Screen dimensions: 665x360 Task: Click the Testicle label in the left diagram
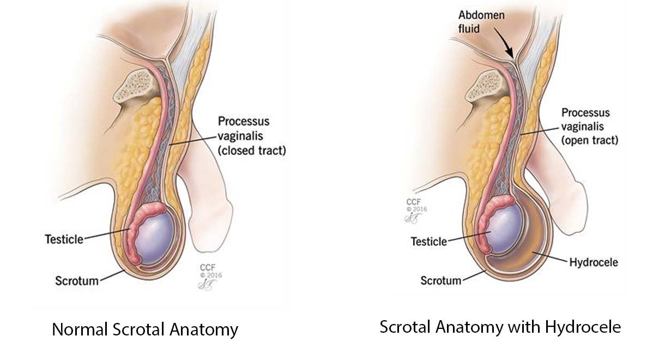pos(64,239)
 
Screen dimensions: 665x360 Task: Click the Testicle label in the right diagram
pos(428,242)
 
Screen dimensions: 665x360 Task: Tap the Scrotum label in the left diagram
pos(77,281)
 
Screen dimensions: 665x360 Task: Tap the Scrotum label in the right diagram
pos(441,280)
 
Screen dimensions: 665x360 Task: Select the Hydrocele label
pos(594,262)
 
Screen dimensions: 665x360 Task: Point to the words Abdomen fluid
pos(481,22)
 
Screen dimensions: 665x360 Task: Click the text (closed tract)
pos(252,151)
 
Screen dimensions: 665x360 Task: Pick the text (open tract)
pos(590,140)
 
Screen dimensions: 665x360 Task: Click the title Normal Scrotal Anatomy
pos(145,329)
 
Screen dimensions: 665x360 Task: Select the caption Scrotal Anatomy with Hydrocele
pos(500,327)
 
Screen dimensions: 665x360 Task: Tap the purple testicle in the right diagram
pos(504,229)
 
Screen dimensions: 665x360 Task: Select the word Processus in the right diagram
pos(585,113)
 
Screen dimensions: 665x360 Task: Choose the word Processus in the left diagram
pos(244,122)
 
